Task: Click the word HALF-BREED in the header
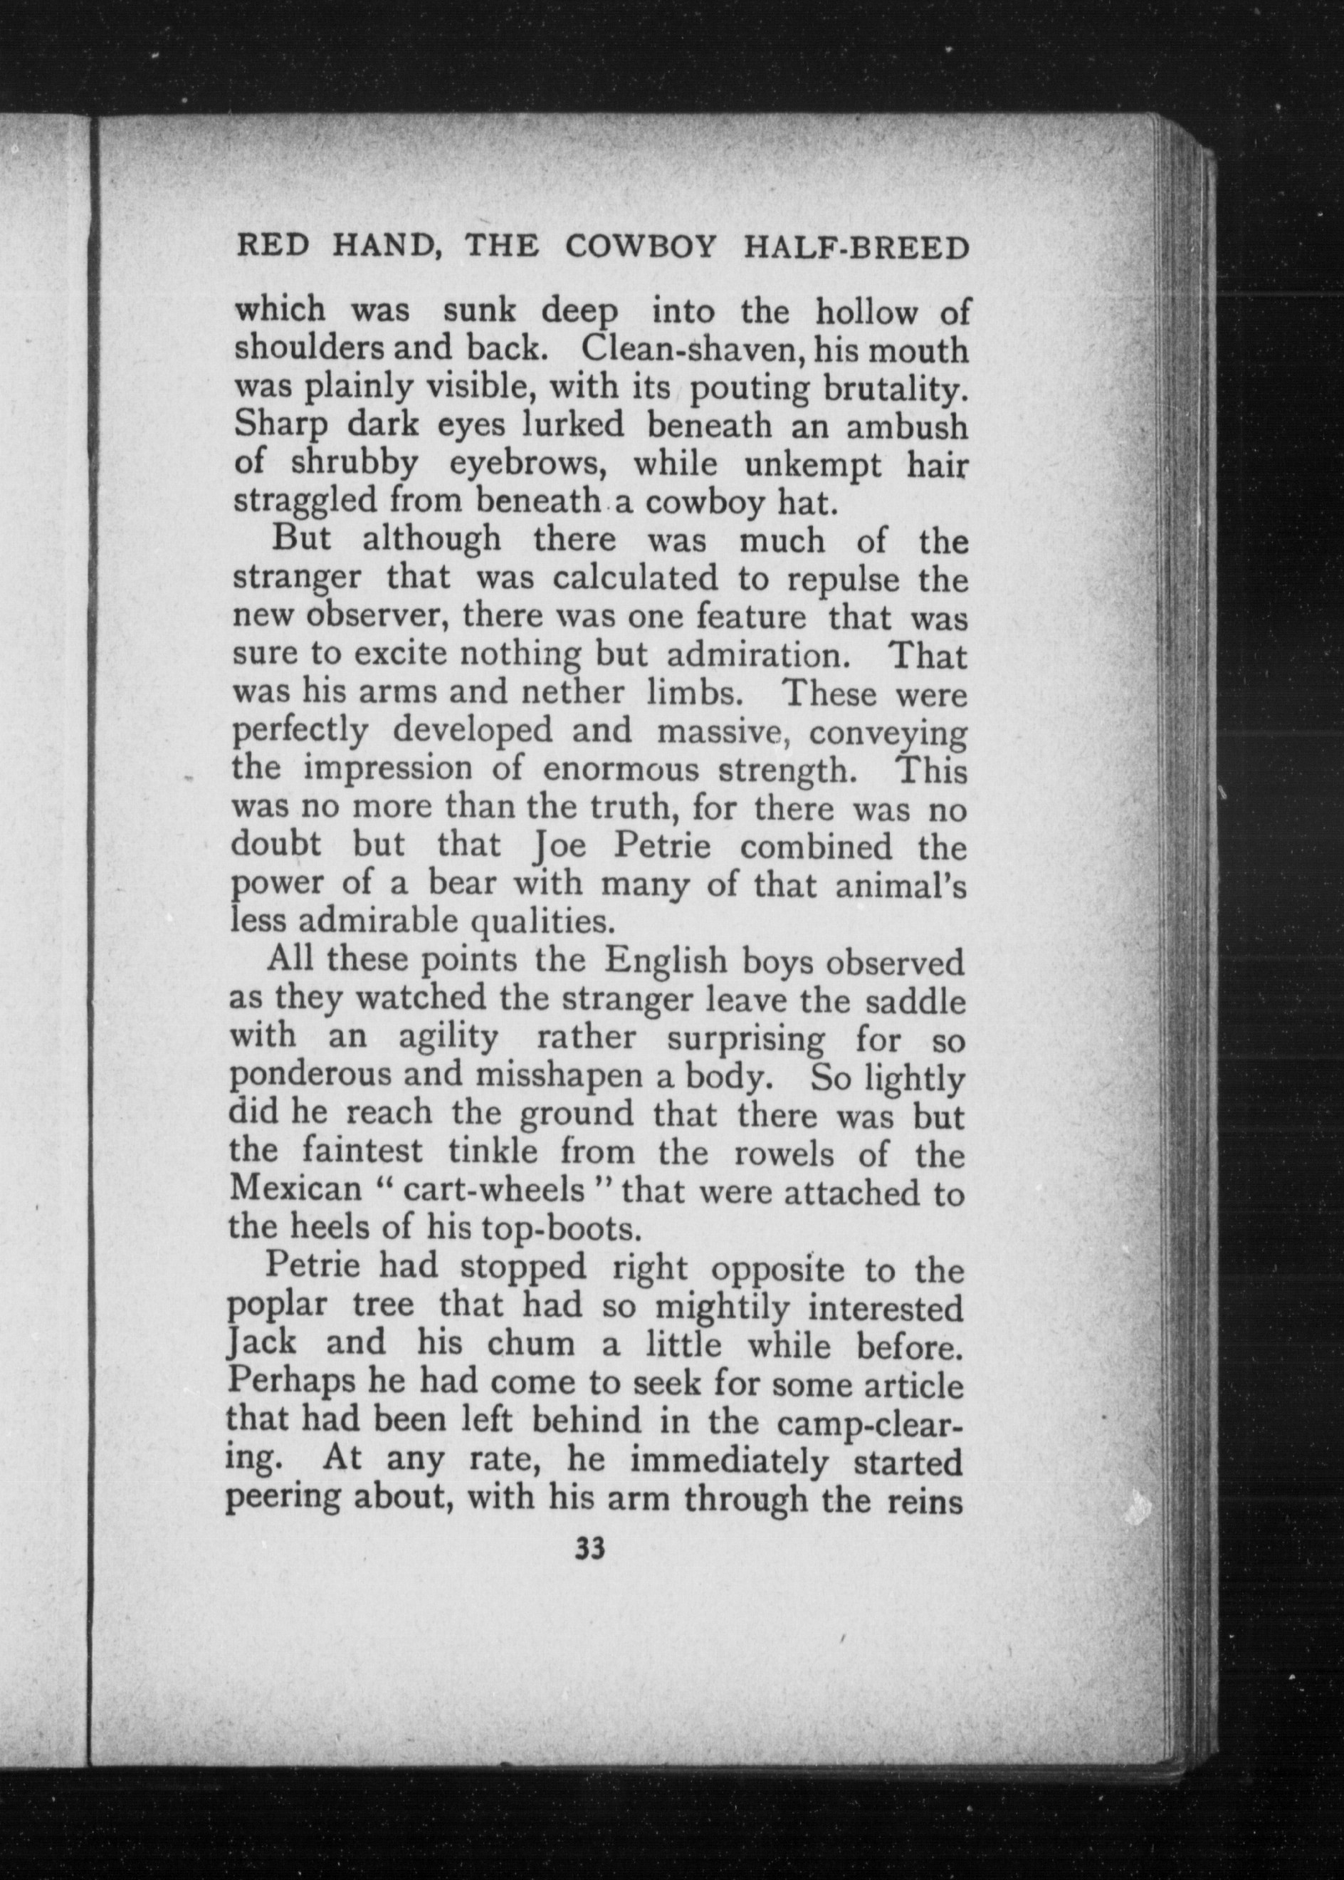[x=856, y=248]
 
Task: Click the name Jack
[x=261, y=1344]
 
